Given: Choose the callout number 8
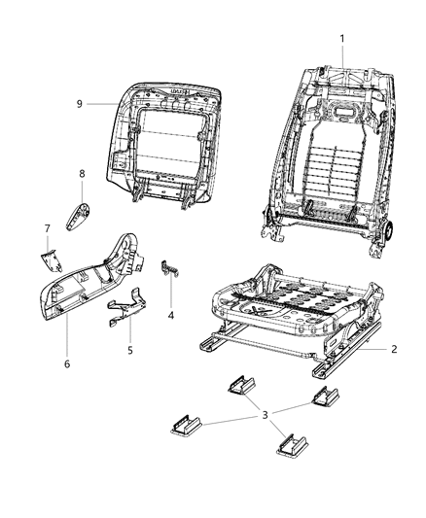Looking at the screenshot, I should coord(83,175).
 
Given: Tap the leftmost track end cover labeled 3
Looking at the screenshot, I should coord(184,425).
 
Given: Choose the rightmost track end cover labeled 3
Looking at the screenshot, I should coord(324,397).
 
